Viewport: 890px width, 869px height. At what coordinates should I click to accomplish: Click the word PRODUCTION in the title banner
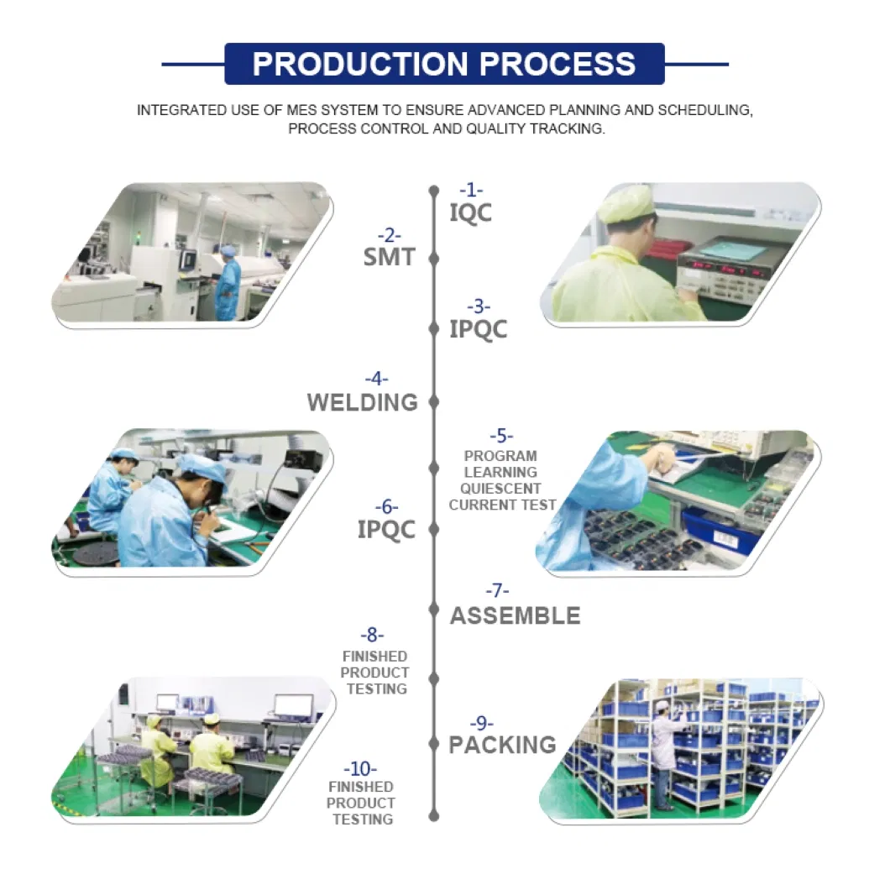pyautogui.click(x=360, y=64)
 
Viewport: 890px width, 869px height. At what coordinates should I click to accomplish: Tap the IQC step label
pyautogui.click(x=470, y=213)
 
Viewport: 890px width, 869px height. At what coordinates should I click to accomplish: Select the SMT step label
pyautogui.click(x=390, y=257)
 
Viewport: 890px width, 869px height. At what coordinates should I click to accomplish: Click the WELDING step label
pyautogui.click(x=362, y=402)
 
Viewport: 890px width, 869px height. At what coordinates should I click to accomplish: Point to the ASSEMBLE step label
pyautogui.click(x=516, y=615)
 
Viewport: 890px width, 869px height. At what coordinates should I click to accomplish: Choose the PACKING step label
pyautogui.click(x=502, y=745)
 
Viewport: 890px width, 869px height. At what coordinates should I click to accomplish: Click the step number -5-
pyautogui.click(x=501, y=436)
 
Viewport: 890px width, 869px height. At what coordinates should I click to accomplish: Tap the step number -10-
pyautogui.click(x=360, y=768)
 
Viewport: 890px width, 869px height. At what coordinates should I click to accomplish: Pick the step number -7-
pyautogui.click(x=497, y=590)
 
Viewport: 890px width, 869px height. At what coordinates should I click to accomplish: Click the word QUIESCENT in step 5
pyautogui.click(x=500, y=489)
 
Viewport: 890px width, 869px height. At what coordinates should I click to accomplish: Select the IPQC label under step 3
pyautogui.click(x=478, y=330)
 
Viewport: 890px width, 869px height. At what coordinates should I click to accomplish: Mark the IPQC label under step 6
pyautogui.click(x=386, y=530)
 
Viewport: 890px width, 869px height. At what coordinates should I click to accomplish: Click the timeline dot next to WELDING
pyautogui.click(x=434, y=402)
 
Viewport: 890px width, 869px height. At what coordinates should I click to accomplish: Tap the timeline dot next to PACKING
pyautogui.click(x=434, y=744)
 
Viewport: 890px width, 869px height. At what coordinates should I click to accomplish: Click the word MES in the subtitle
pyautogui.click(x=302, y=110)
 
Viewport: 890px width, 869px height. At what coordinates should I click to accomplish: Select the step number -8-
pyautogui.click(x=372, y=635)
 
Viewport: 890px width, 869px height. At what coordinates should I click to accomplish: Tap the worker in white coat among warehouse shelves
pyautogui.click(x=662, y=755)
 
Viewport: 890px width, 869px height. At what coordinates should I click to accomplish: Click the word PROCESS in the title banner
pyautogui.click(x=558, y=64)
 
